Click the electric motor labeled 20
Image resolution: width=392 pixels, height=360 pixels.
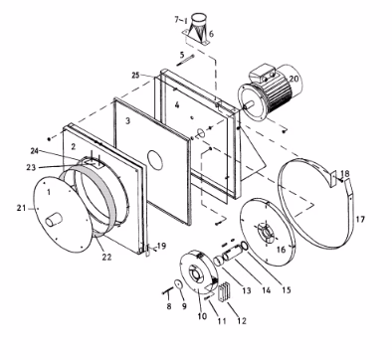(271, 91)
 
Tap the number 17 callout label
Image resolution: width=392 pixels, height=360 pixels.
(360, 220)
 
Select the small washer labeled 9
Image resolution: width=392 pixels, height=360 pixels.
(179, 284)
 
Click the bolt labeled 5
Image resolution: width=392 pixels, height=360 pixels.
(185, 61)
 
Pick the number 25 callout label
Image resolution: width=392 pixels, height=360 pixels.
(135, 76)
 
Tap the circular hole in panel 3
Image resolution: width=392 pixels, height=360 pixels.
(155, 160)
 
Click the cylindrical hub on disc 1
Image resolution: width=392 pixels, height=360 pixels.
(54, 220)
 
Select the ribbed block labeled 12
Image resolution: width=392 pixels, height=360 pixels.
(224, 291)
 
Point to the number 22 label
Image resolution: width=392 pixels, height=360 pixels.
(106, 257)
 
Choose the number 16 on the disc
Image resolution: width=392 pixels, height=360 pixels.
(281, 250)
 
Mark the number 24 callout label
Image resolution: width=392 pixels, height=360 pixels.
(35, 151)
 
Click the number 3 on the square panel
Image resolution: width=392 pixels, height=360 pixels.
(128, 121)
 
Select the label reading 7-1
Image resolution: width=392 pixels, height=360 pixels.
(181, 20)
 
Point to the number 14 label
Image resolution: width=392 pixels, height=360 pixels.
(267, 290)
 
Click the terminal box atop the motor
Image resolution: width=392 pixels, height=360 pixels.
(263, 74)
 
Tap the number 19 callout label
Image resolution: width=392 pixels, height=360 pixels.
(161, 246)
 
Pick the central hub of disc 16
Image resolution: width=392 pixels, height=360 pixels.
(267, 233)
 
